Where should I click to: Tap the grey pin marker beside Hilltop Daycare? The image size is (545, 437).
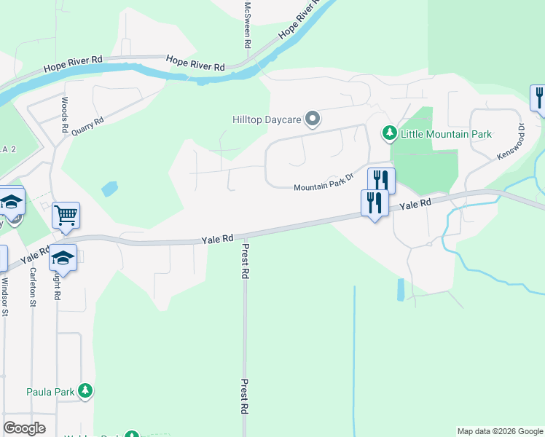point(313,119)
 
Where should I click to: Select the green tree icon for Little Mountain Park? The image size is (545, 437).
point(390,133)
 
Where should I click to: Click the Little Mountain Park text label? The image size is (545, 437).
point(445,134)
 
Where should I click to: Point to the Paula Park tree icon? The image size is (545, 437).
point(86,391)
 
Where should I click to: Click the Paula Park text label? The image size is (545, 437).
point(50,392)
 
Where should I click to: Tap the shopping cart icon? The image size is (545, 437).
point(66,215)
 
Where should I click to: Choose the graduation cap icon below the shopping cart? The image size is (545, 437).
point(63,258)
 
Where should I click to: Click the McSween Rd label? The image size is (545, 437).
point(248,24)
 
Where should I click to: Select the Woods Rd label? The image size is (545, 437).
point(65,115)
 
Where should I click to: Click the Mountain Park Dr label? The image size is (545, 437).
point(323,186)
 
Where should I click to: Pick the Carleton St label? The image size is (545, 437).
point(33,286)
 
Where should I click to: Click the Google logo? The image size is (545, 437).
point(24,428)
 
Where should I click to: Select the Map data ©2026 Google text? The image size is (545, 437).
point(500,431)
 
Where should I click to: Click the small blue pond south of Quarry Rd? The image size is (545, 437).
point(109,189)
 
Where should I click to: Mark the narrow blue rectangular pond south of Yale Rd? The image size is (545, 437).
point(401,289)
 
